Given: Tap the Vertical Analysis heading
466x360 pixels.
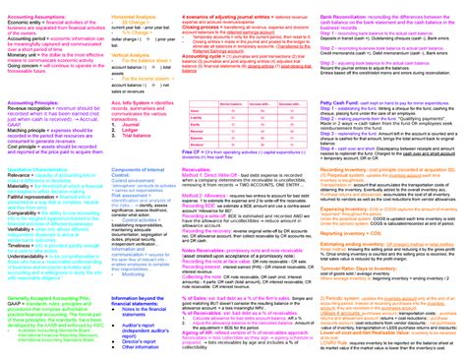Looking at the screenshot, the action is coord(133,59).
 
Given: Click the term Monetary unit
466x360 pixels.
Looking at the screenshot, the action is coord(22,53).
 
